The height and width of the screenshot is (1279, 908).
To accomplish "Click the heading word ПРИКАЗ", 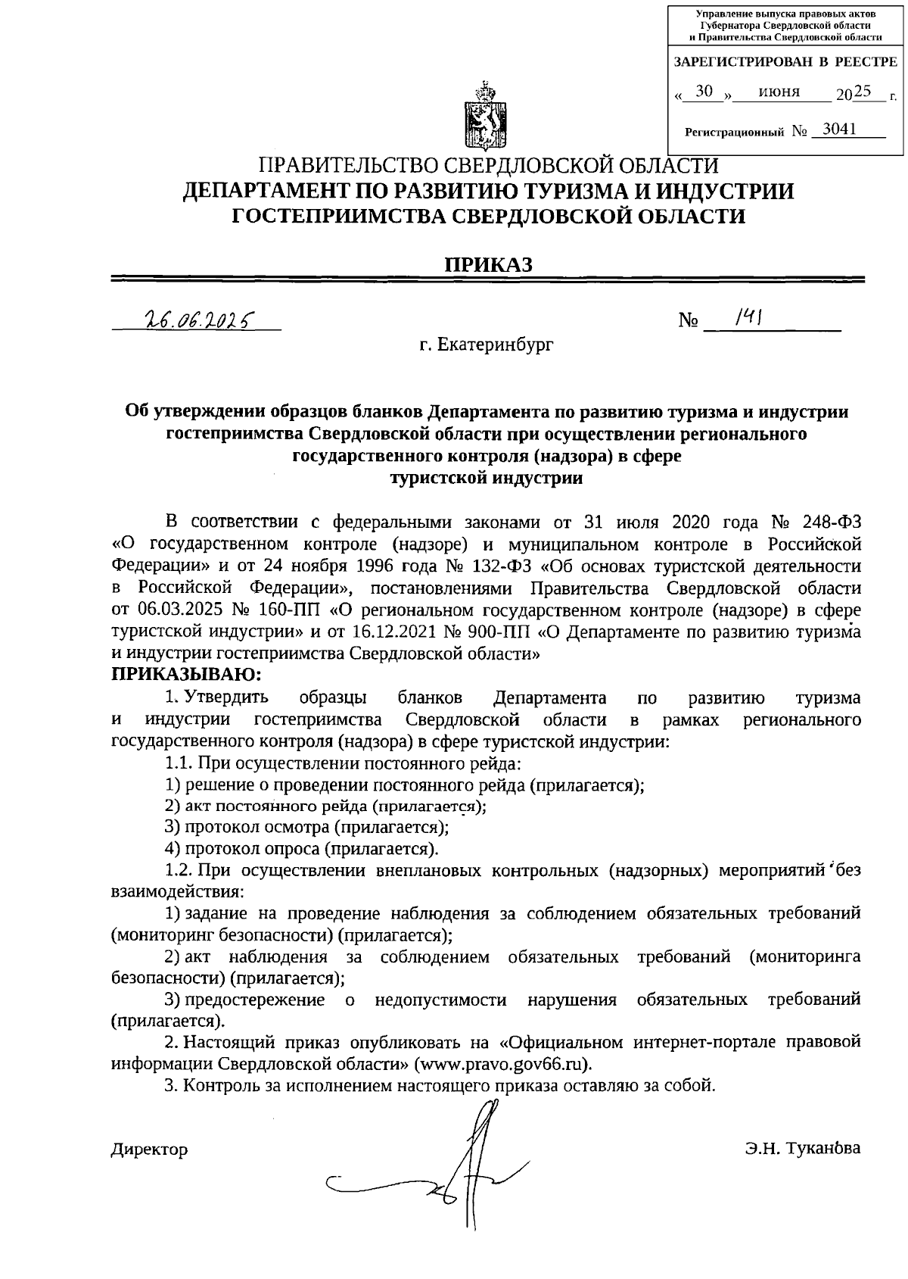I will point(488,264).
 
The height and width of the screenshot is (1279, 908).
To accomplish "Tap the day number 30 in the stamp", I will point(704,92).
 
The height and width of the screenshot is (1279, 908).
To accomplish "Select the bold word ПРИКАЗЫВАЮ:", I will point(187,673).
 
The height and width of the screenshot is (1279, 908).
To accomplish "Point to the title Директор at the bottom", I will point(150,1150).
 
